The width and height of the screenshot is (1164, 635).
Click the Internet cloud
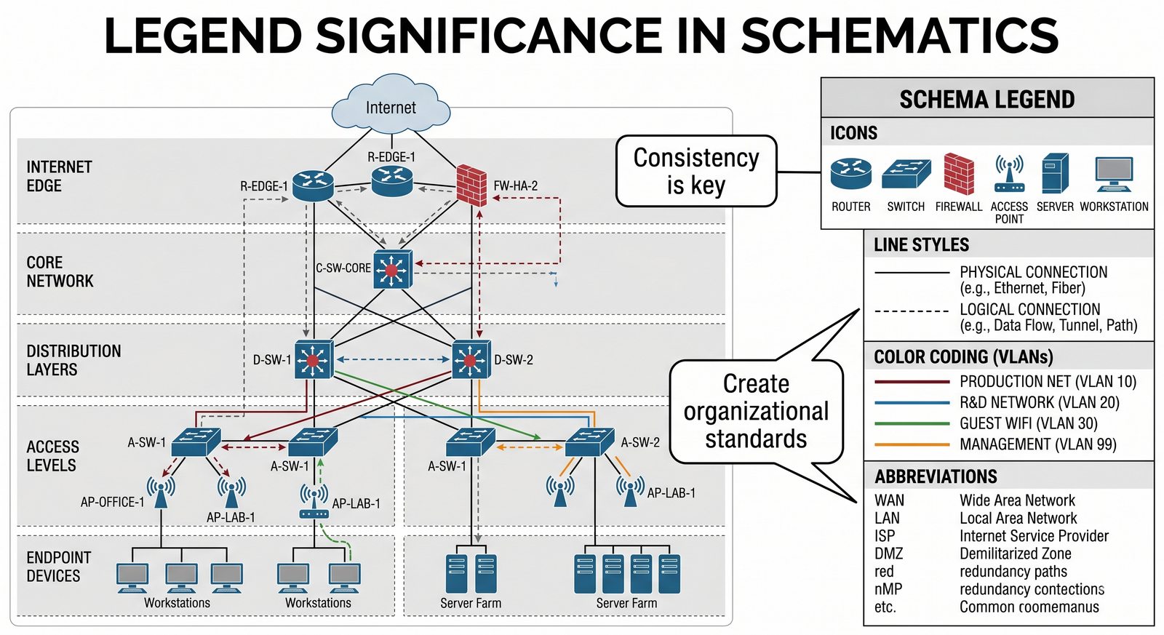coord(391,105)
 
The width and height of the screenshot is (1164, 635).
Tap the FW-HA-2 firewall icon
coord(471,185)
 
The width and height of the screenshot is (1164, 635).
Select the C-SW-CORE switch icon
coord(393,270)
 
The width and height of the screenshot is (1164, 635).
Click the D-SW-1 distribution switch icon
coord(314,359)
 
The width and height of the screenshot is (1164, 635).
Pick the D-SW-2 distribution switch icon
coord(471,359)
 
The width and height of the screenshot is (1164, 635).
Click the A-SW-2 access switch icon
coord(589,442)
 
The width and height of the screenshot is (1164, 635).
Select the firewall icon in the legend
coord(958,174)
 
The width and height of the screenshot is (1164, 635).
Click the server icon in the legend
coord(1054,173)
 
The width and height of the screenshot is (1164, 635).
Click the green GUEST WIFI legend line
coord(912,423)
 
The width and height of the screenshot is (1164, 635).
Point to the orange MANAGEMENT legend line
coord(912,444)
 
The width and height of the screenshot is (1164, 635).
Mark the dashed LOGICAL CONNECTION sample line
coord(912,311)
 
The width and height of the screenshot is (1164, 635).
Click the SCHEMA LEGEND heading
coord(986,99)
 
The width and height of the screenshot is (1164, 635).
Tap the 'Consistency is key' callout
coord(696,171)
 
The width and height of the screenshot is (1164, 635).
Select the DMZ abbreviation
coord(888,554)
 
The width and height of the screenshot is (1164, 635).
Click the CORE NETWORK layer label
coord(60,271)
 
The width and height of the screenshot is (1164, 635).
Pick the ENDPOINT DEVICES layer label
coord(58,567)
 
